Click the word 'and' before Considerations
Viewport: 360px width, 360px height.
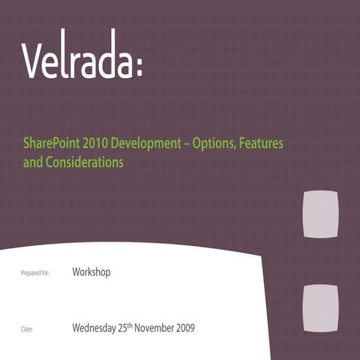tap(32, 161)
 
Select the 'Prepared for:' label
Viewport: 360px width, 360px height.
tap(34, 274)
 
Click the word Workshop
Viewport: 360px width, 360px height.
tap(91, 271)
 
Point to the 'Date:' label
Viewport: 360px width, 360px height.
tap(27, 329)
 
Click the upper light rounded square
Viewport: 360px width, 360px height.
tap(320, 213)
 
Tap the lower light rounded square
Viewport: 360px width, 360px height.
tap(320, 308)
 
